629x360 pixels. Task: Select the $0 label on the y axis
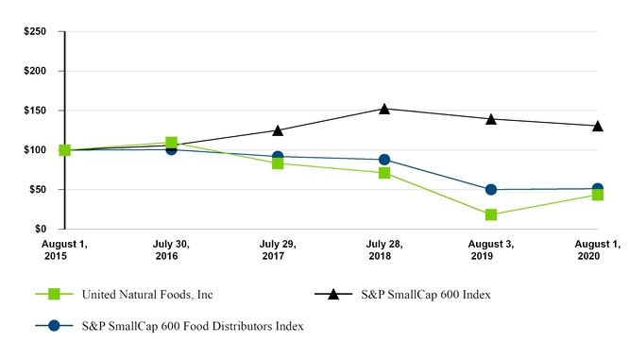[42, 230]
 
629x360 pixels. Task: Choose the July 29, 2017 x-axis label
[278, 250]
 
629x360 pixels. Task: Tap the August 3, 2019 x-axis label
[491, 250]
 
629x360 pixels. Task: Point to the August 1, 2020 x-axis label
[598, 250]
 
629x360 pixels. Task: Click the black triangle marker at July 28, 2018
[384, 109]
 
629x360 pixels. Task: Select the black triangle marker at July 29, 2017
[278, 130]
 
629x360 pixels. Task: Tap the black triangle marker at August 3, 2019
[491, 119]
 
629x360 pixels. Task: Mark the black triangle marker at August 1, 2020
[598, 126]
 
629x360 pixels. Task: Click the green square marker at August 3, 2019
[491, 214]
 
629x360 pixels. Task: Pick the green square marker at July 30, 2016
[171, 143]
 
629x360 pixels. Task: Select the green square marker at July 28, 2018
[384, 173]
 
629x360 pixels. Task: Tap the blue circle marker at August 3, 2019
[491, 190]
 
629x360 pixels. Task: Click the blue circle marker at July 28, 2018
[384, 160]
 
